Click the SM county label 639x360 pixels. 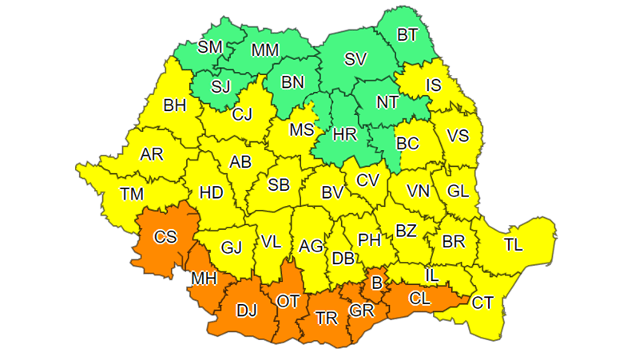tap(210, 46)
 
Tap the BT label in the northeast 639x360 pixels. tap(407, 34)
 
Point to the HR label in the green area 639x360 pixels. tap(344, 135)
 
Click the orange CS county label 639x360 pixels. tap(166, 236)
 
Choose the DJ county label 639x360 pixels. tap(246, 311)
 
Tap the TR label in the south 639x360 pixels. tap(326, 318)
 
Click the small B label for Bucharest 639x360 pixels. tap(377, 281)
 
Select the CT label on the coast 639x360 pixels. tap(482, 303)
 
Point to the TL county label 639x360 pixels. tap(513, 245)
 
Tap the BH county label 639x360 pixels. tap(174, 105)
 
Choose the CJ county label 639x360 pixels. tap(241, 115)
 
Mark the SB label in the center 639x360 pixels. tap(278, 185)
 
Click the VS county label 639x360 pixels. tap(458, 136)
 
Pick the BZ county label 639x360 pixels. tap(406, 231)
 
